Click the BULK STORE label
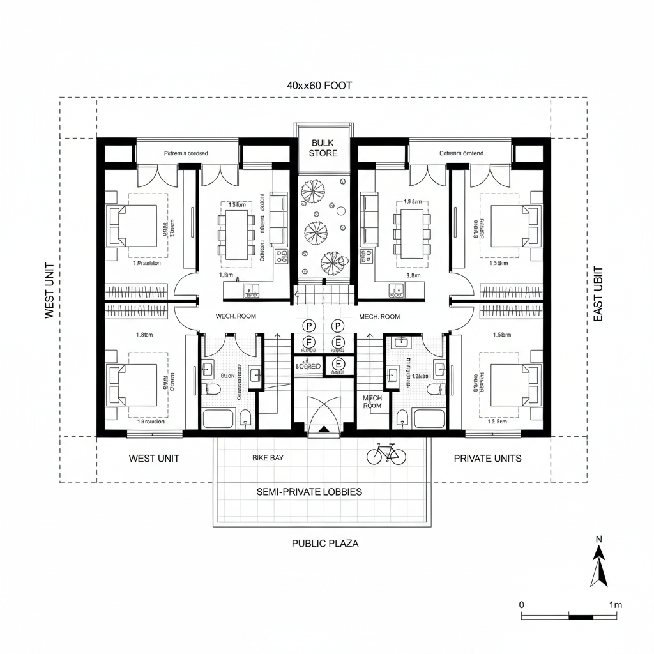pos(323,148)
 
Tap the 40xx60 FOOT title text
pos(319,86)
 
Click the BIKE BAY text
pos(268,458)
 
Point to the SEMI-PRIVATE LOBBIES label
pos(309,492)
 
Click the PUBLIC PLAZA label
pos(325,544)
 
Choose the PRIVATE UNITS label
pos(487,458)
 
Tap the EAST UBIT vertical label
pos(598,294)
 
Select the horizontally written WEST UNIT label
pos(154,458)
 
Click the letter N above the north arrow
pos(599,539)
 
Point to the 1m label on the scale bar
pos(616,604)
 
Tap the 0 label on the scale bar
pos(522,604)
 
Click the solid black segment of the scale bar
pos(581,616)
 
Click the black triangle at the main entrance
pos(324,430)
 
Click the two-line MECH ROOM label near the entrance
pos(372,402)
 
